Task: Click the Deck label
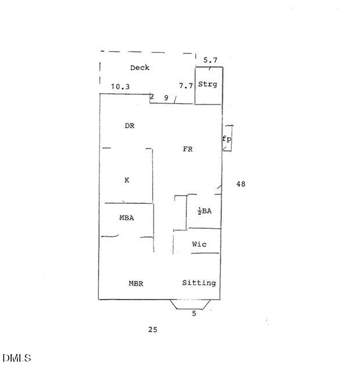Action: point(140,68)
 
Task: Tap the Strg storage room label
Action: point(208,84)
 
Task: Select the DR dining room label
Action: point(129,126)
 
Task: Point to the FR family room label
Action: point(188,149)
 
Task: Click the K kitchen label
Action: point(127,180)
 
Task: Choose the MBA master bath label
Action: point(127,218)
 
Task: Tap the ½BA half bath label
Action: point(204,211)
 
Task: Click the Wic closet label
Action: point(199,244)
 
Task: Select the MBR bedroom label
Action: point(136,283)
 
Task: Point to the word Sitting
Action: point(199,283)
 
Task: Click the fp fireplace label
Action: point(226,139)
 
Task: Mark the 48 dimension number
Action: point(241,184)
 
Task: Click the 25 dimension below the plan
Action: point(153,330)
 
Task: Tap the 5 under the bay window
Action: point(194,313)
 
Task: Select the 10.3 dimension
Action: point(120,86)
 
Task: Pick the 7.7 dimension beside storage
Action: point(186,85)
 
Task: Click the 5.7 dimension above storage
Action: point(210,60)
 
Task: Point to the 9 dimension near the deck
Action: point(166,98)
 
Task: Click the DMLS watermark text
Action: point(17,358)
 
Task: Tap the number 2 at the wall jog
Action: point(152,96)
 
